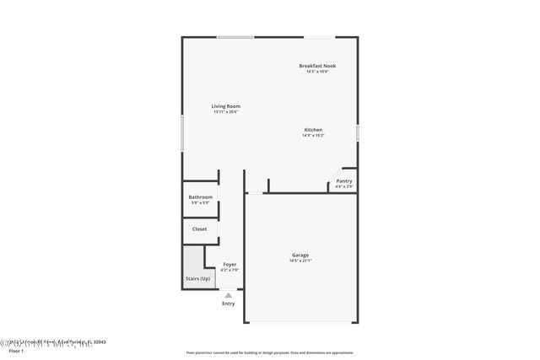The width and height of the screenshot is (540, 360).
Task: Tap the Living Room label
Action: pyautogui.click(x=225, y=106)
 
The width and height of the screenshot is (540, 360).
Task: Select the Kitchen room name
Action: pyautogui.click(x=313, y=130)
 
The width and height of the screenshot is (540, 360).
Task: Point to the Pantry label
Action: pyautogui.click(x=344, y=180)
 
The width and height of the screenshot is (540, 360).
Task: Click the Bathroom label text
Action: pyautogui.click(x=200, y=197)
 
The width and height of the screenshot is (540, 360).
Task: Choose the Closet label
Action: pyautogui.click(x=199, y=228)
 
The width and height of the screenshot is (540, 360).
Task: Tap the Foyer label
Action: pyautogui.click(x=229, y=265)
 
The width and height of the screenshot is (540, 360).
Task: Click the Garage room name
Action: pyautogui.click(x=300, y=255)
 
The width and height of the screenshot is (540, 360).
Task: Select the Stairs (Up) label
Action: pyautogui.click(x=197, y=278)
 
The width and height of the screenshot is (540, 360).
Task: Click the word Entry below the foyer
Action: pyautogui.click(x=228, y=304)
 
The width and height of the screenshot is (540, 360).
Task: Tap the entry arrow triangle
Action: pyautogui.click(x=228, y=294)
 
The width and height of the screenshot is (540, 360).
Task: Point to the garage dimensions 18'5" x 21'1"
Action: pyautogui.click(x=300, y=261)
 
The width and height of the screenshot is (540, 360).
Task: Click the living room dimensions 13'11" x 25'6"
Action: pyautogui.click(x=225, y=112)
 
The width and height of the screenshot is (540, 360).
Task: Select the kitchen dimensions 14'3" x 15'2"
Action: pyautogui.click(x=313, y=136)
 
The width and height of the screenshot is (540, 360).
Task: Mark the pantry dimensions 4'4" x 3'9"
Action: pyautogui.click(x=344, y=186)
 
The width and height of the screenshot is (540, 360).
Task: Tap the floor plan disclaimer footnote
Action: pyautogui.click(x=270, y=352)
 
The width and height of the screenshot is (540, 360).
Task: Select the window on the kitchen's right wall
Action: pyautogui.click(x=358, y=133)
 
